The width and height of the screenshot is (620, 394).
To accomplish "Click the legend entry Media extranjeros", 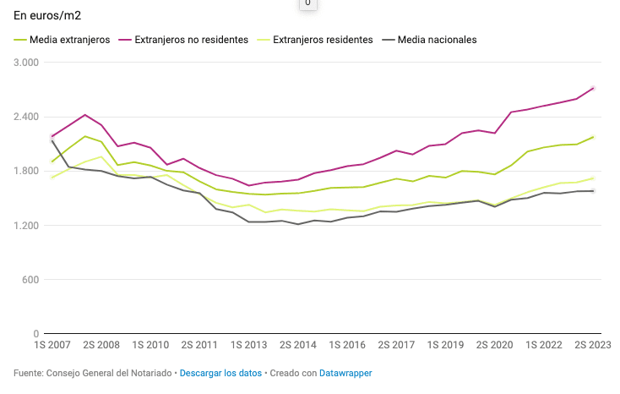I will (x=69, y=40).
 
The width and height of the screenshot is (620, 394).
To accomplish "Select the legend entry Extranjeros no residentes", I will (x=191, y=40).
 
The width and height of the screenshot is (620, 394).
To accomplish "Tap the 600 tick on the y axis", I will (x=31, y=279).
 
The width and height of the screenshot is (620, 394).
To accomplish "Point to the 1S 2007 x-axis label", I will (x=52, y=346).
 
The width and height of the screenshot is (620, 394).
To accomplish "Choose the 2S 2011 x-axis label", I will (x=200, y=346).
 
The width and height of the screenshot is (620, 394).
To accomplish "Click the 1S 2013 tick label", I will (x=250, y=346).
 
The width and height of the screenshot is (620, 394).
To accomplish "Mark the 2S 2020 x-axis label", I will (x=494, y=346).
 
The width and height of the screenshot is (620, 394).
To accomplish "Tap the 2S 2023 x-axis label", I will (x=594, y=346).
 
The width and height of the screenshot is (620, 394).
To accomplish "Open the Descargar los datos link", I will (x=220, y=373).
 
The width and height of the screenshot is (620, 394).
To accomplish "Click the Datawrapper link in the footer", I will (x=345, y=373).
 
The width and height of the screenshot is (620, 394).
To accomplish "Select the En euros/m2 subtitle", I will (x=47, y=15).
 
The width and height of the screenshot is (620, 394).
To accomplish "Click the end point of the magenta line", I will (x=594, y=88).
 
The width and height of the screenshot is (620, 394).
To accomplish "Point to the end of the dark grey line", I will (x=594, y=191).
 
